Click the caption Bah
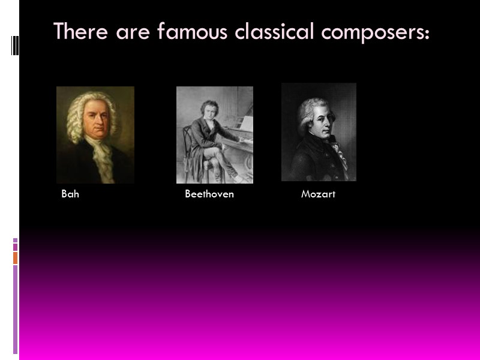pos(70,194)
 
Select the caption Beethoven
pos(209,194)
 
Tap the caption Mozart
pos(318,194)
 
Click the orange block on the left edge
pos(15,257)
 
